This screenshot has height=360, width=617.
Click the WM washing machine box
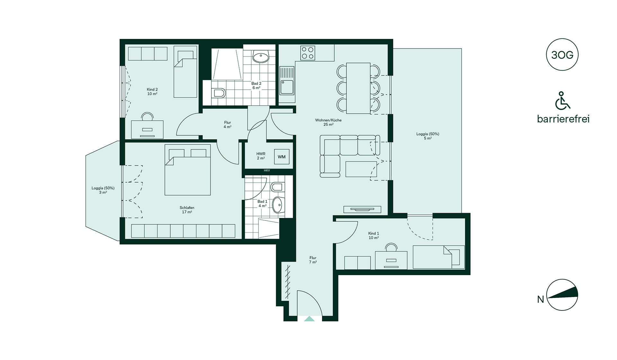pyautogui.click(x=282, y=157)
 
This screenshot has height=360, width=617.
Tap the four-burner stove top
pyautogui.click(x=308, y=53)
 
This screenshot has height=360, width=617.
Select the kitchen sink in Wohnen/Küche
pyautogui.click(x=287, y=81)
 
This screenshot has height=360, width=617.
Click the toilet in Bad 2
pyautogui.click(x=219, y=93)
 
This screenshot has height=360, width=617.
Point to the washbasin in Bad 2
pyautogui.click(x=261, y=57)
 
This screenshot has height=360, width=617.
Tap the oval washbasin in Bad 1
pyautogui.click(x=278, y=205)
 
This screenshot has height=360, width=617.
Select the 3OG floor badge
pyautogui.click(x=562, y=55)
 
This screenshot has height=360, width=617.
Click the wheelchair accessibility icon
pyautogui.click(x=563, y=100)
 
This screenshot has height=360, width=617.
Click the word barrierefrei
pyautogui.click(x=563, y=119)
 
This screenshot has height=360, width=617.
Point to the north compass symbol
pyautogui.click(x=562, y=295)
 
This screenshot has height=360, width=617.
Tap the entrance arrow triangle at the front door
pyautogui.click(x=309, y=319)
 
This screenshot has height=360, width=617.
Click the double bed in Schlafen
pyautogui.click(x=188, y=170)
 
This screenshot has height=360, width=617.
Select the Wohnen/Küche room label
pyautogui.click(x=328, y=122)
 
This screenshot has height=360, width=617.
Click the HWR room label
pyautogui.click(x=261, y=156)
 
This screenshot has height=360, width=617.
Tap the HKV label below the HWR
pyautogui.click(x=267, y=171)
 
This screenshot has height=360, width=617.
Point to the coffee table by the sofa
pyautogui.click(x=361, y=169)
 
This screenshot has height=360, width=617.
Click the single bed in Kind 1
pyautogui.click(x=439, y=257)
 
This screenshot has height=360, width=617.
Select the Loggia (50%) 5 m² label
pyautogui.click(x=428, y=136)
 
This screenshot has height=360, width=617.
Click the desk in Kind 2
pyautogui.click(x=147, y=130)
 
